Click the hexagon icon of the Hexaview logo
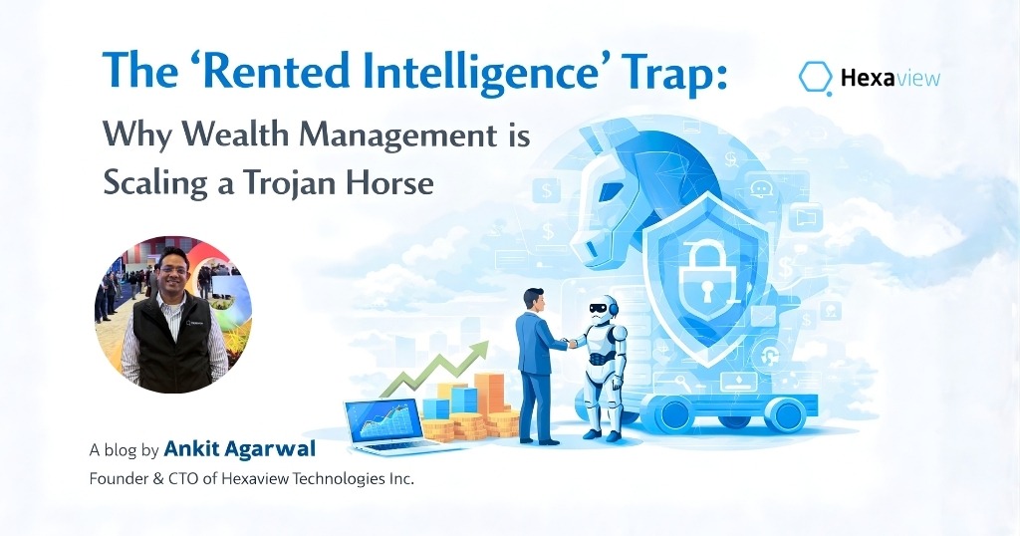point(816,78)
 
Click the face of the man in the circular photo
point(173,272)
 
